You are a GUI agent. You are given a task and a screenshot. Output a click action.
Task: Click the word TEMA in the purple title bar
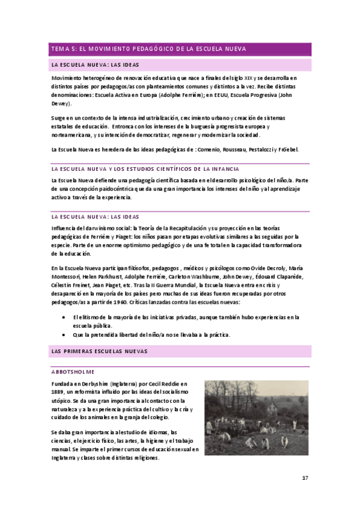(61, 49)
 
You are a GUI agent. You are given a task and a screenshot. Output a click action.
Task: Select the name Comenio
(218, 149)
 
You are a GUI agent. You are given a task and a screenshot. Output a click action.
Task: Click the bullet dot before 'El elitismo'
(64, 317)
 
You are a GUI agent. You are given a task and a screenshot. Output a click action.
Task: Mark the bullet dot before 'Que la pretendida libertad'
(64, 334)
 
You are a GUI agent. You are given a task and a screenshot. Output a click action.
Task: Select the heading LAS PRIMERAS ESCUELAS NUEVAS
(99, 351)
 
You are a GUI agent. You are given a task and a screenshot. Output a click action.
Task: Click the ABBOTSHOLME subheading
(73, 372)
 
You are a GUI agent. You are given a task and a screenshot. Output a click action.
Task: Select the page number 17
(305, 478)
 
